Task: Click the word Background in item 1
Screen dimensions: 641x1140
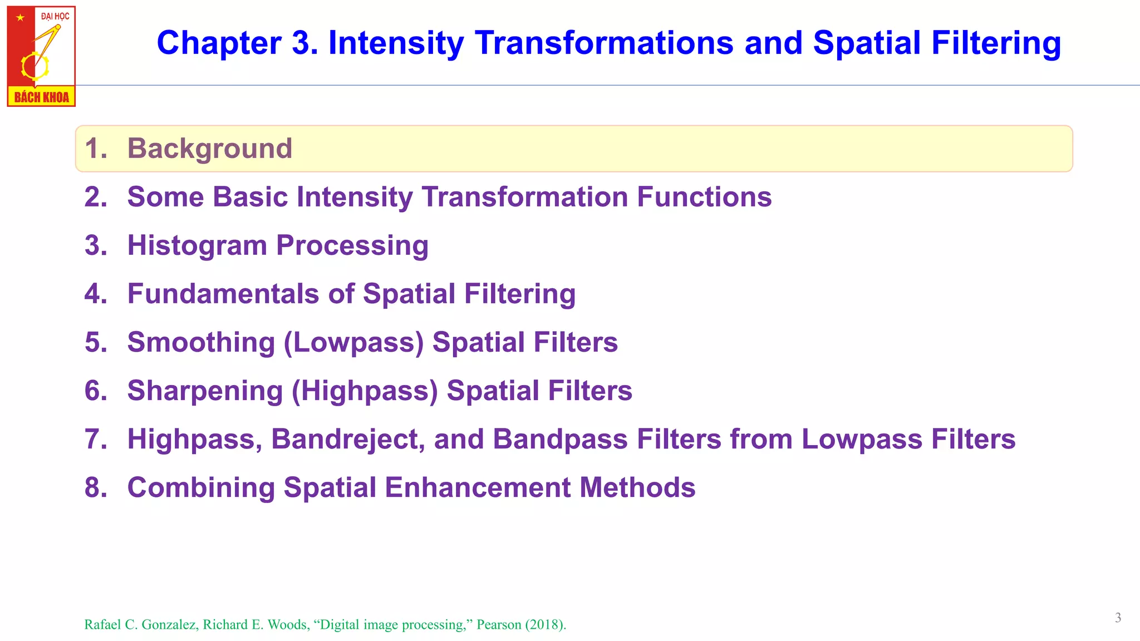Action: pyautogui.click(x=209, y=149)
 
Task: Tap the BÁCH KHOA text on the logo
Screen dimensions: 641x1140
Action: pyautogui.click(x=42, y=97)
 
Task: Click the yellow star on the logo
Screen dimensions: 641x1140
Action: pyautogui.click(x=21, y=18)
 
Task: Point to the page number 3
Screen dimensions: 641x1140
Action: pyautogui.click(x=1118, y=618)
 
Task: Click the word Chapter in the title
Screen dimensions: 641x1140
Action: pyautogui.click(x=219, y=43)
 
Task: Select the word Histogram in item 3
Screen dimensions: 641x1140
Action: pyautogui.click(x=197, y=246)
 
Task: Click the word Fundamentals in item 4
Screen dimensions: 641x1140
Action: pyautogui.click(x=223, y=294)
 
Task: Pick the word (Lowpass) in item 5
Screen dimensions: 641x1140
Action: pyautogui.click(x=354, y=343)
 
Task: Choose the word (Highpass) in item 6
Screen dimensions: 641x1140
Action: pyautogui.click(x=365, y=391)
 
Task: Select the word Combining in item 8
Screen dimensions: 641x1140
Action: pyautogui.click(x=201, y=488)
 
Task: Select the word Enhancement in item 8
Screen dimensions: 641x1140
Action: pyautogui.click(x=478, y=488)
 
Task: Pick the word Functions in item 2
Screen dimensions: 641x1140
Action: pyautogui.click(x=704, y=197)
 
